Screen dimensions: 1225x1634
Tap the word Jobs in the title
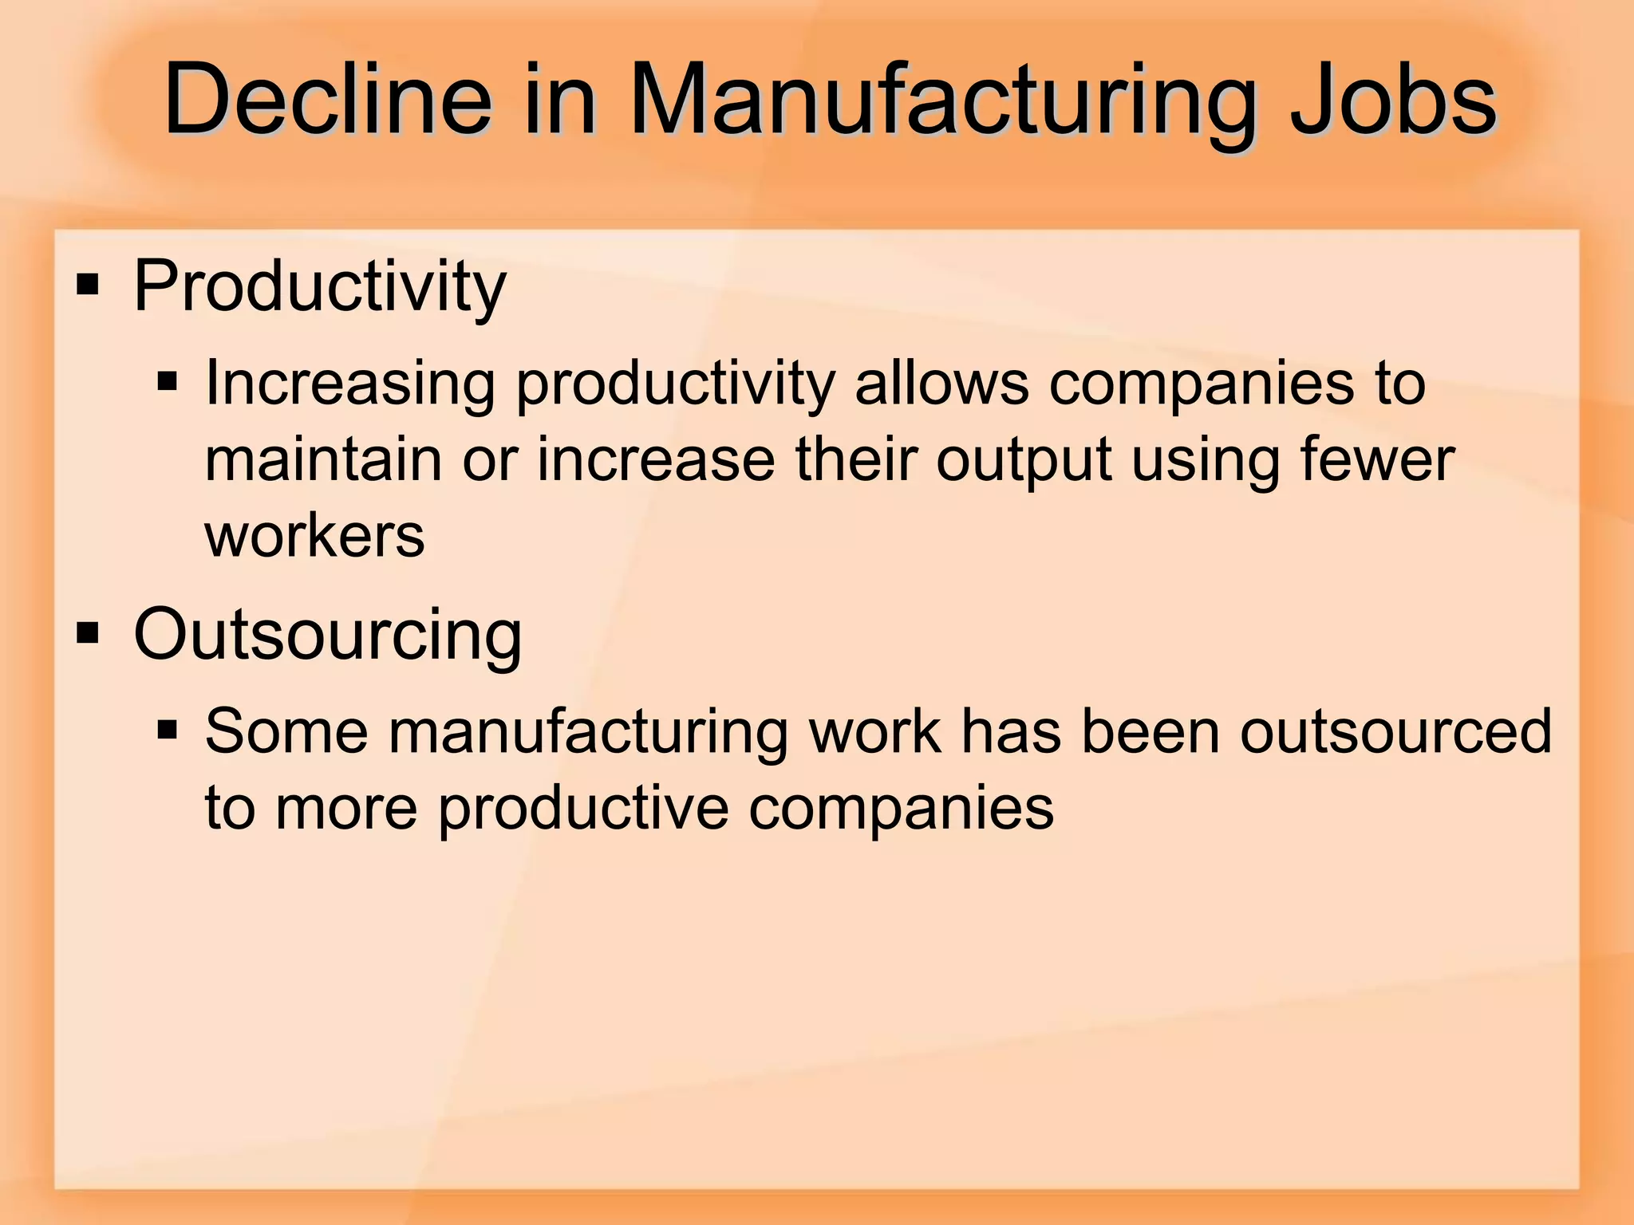pos(1393,101)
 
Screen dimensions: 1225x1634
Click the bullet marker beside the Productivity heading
pos(88,285)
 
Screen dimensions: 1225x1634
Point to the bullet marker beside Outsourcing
pos(88,634)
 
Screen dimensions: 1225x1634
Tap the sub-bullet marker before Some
pos(167,729)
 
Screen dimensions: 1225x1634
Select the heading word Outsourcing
pos(327,634)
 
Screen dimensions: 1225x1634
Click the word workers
pos(315,536)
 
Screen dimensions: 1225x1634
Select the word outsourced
pos(1395,731)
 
